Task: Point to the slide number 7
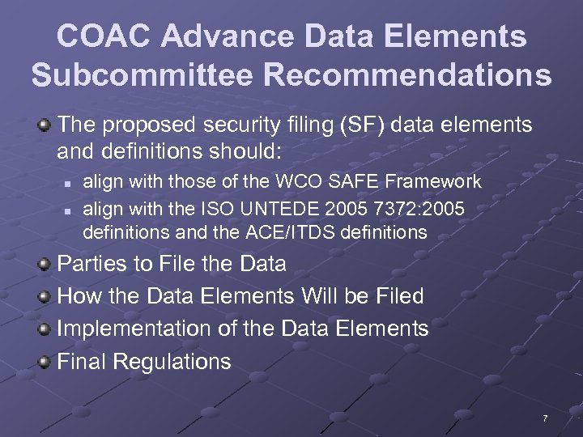pyautogui.click(x=545, y=418)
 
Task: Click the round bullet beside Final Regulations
pyautogui.click(x=45, y=360)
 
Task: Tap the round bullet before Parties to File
pyautogui.click(x=45, y=263)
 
